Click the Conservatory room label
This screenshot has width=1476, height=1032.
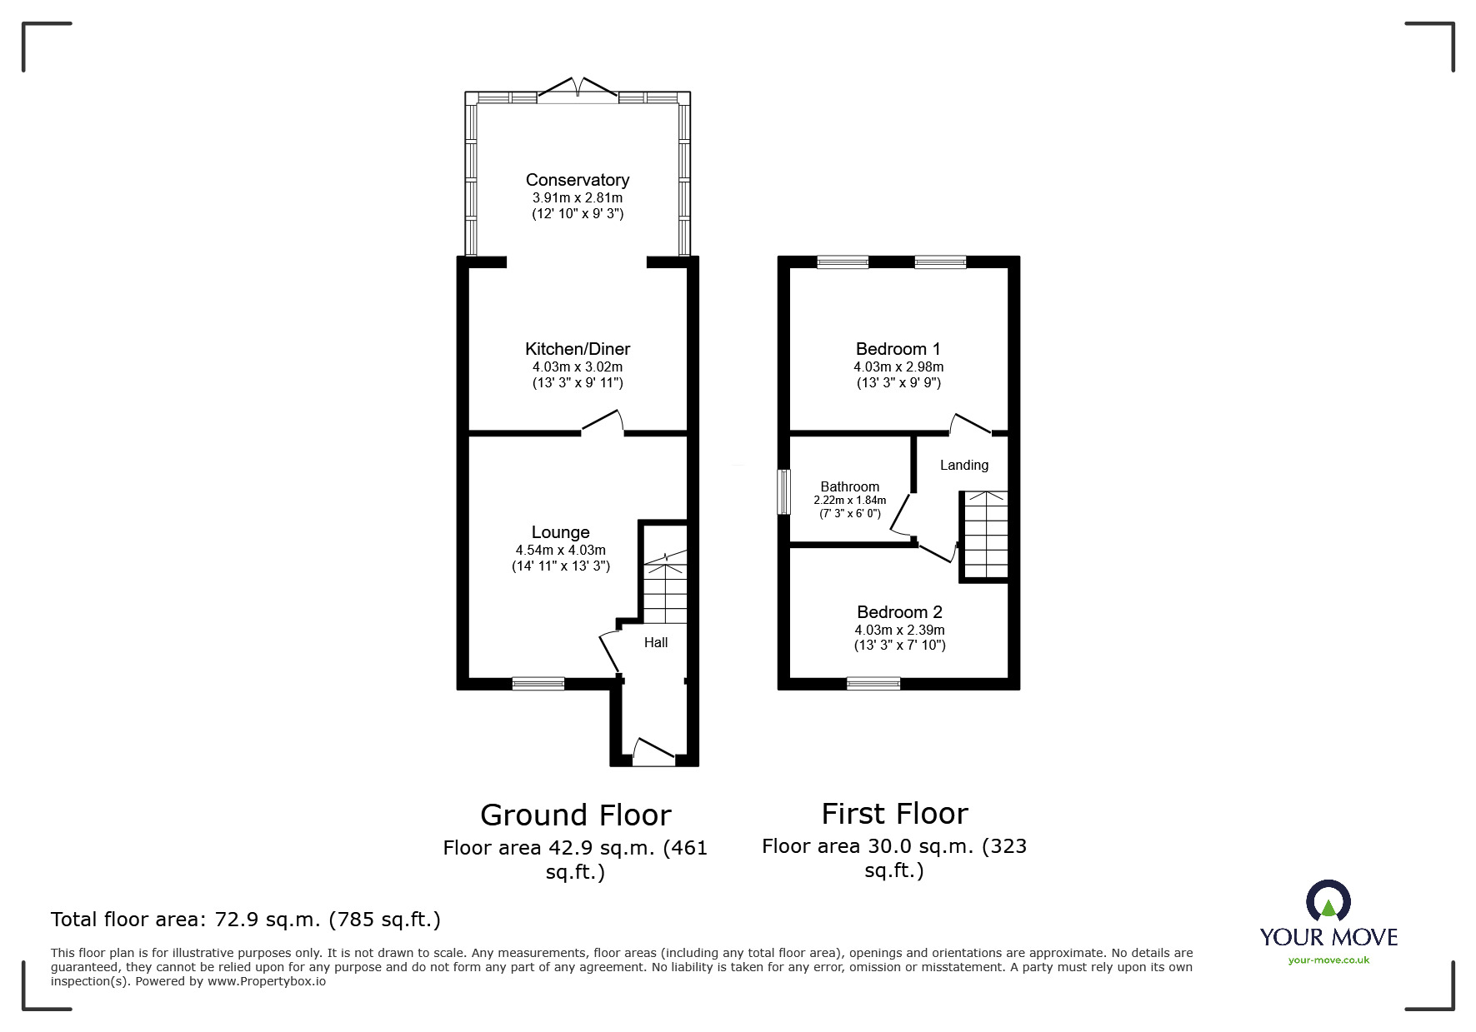coord(578,180)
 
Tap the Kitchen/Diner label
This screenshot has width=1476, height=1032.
coord(578,349)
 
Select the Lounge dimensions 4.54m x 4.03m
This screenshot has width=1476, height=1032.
coord(561,550)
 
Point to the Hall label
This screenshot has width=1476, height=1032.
coord(656,642)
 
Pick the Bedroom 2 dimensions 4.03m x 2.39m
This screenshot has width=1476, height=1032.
coord(900,631)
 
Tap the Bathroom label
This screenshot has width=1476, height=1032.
coord(850,486)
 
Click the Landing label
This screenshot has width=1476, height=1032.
coord(964,465)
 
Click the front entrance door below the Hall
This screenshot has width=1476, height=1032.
coord(654,750)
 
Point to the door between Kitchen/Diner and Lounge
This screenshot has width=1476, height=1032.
coord(603,422)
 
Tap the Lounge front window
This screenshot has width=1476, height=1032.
coord(538,684)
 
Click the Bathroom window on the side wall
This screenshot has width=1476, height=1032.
coord(783,492)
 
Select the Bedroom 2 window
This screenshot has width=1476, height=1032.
coord(873,684)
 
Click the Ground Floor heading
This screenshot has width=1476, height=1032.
coord(576,815)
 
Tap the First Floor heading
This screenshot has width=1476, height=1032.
coord(895,813)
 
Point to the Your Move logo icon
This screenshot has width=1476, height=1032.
coord(1328,902)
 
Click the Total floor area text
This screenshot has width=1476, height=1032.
coord(246,920)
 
